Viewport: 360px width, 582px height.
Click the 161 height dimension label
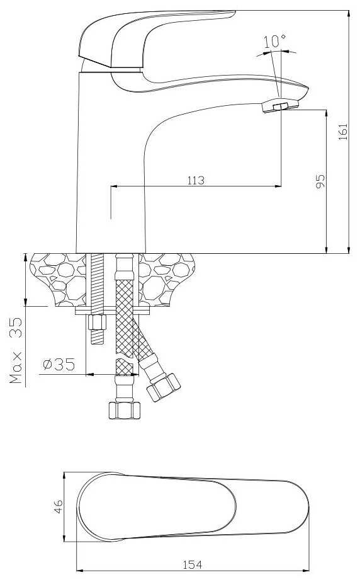tap(343, 131)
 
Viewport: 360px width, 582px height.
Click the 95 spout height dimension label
tap(320, 181)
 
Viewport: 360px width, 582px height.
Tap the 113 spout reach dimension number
tap(196, 180)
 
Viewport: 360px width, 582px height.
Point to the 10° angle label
tap(274, 40)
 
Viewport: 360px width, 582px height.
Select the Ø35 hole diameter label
tap(59, 364)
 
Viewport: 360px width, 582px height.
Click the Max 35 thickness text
tap(16, 350)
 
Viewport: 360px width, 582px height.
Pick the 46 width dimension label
tap(59, 506)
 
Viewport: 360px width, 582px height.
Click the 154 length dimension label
tap(193, 564)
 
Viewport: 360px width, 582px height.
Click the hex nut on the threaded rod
tap(97, 322)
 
